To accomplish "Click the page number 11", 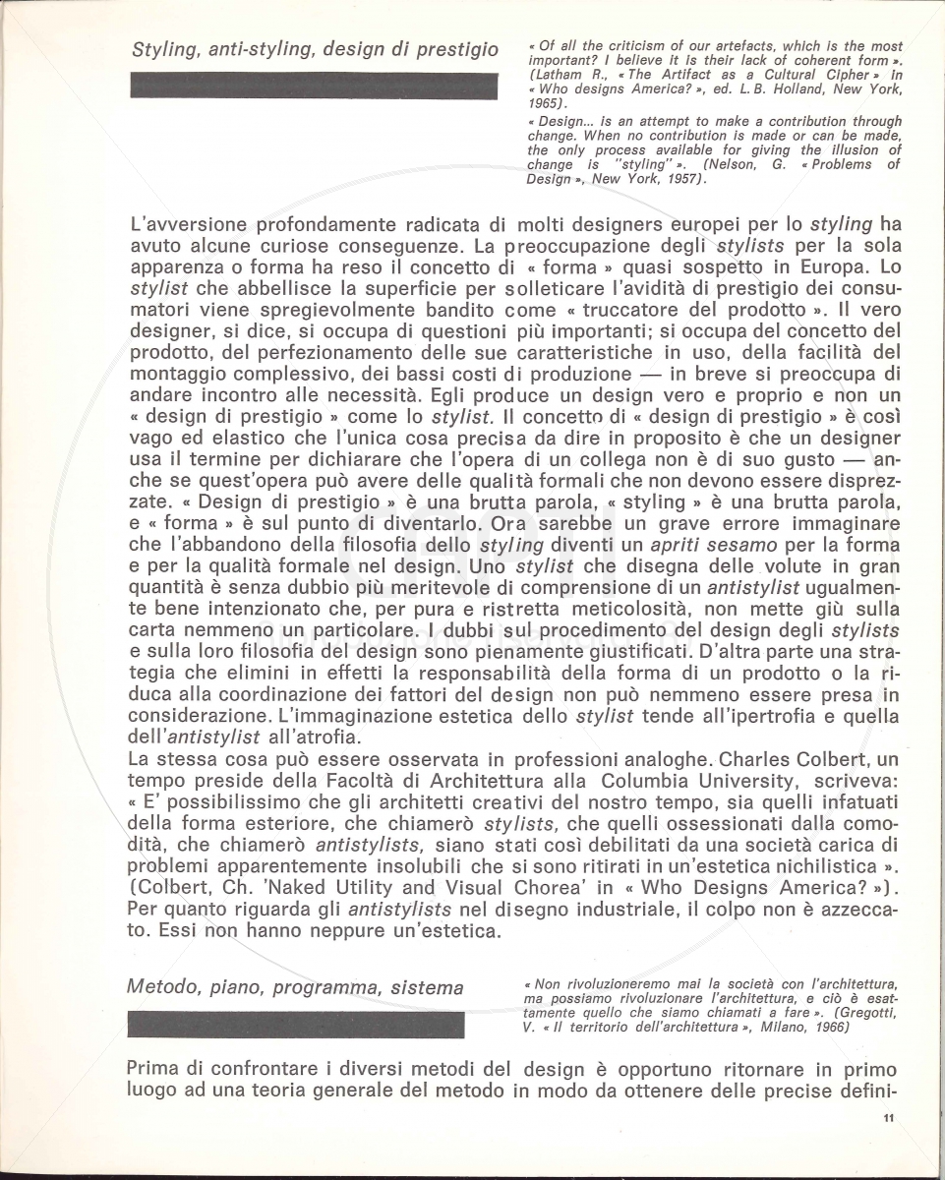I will pyautogui.click(x=887, y=1117).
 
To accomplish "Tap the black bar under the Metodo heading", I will pyautogui.click(x=296, y=1025).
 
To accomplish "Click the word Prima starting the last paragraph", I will pyautogui.click(x=155, y=1070).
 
